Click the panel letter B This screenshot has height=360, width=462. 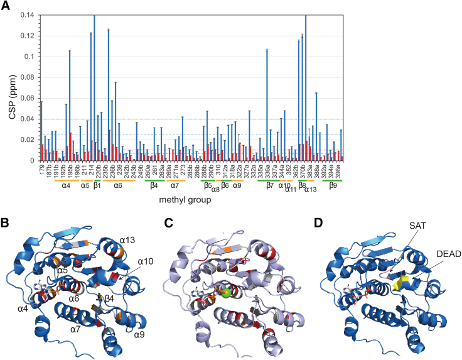click(6, 222)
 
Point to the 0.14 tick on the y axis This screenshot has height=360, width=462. click(30, 15)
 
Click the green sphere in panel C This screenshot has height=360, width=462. click(220, 293)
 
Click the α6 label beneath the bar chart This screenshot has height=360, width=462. click(117, 186)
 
